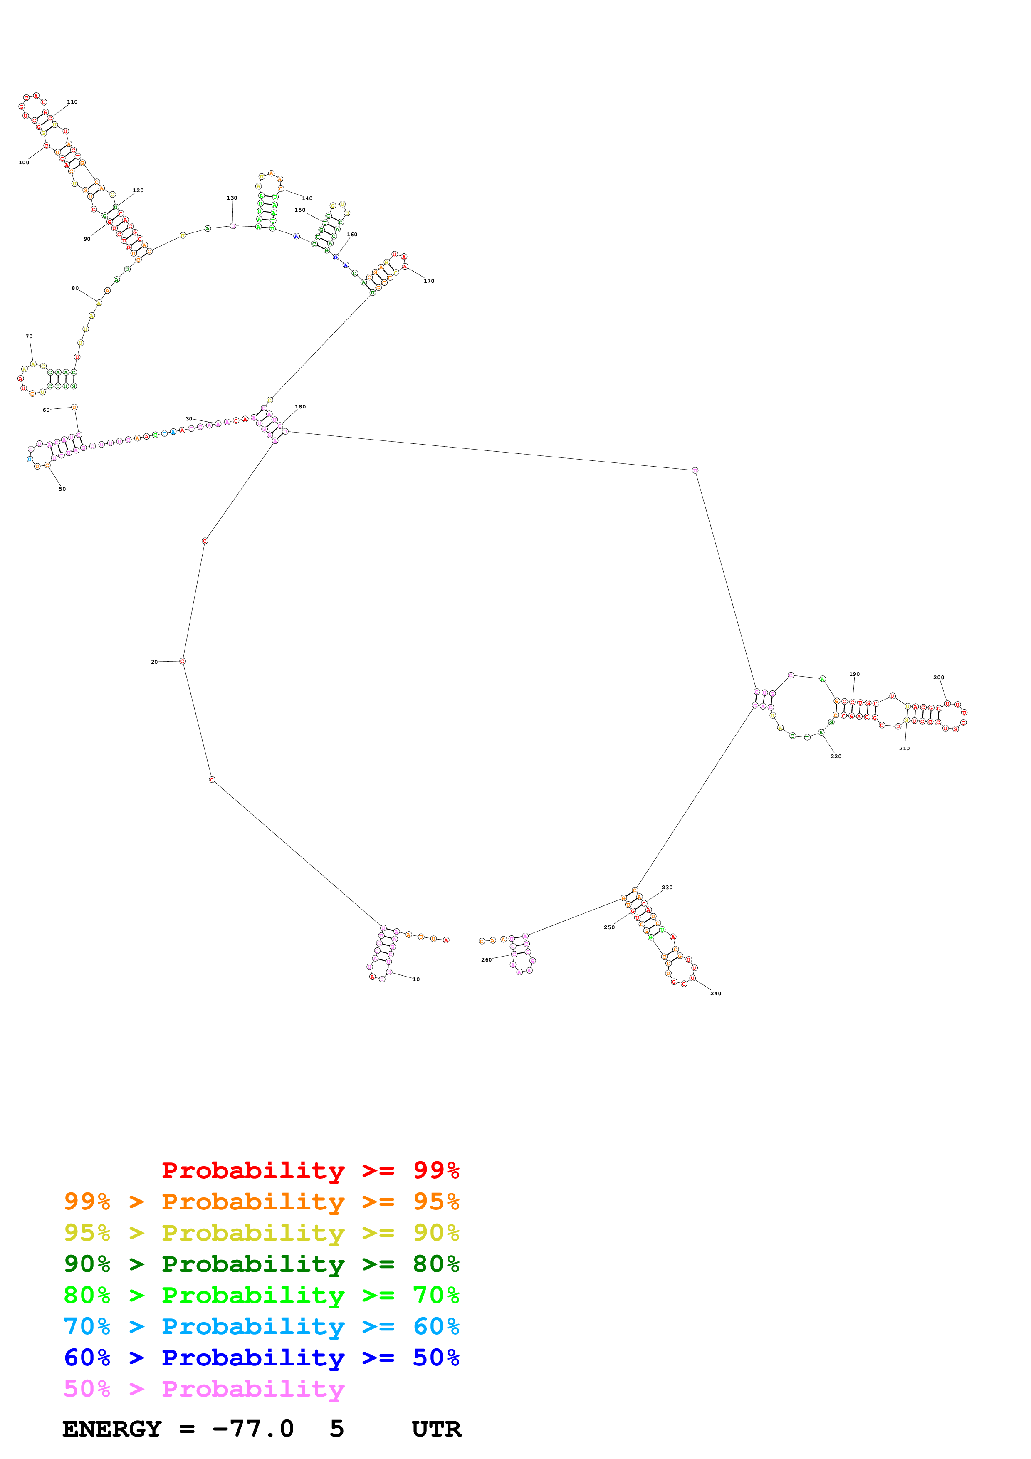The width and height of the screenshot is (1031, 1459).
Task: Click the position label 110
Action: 72,101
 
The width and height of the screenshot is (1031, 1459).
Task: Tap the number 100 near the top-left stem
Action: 24,163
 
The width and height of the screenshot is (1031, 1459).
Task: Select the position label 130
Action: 232,198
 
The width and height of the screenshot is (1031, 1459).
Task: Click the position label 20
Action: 154,662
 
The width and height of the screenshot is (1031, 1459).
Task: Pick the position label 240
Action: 715,993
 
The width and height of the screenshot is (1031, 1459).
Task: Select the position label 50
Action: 62,489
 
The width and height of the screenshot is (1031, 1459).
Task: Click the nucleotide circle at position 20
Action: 182,662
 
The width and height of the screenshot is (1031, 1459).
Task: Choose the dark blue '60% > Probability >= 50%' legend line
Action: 261,1358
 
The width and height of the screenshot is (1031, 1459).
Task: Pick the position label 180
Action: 300,407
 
